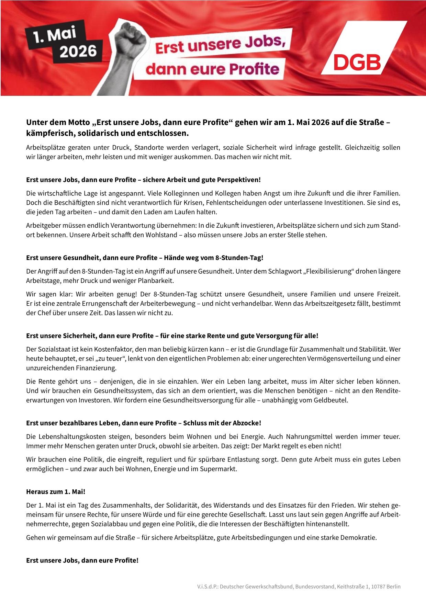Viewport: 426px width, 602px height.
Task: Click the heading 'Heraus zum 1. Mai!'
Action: click(x=56, y=491)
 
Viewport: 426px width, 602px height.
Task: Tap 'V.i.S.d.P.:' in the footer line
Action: click(x=205, y=587)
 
